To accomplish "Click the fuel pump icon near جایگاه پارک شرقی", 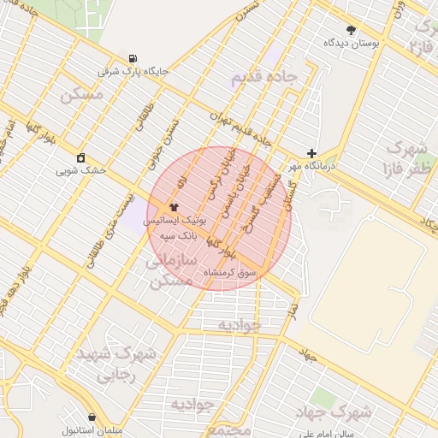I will coord(132,57).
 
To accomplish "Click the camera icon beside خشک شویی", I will coord(80,157).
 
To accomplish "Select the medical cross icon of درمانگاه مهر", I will coord(311,152).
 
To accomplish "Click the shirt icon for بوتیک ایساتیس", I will coord(174,206).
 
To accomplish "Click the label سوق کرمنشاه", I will coord(229,273).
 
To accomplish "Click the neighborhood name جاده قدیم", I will coord(263,79).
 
